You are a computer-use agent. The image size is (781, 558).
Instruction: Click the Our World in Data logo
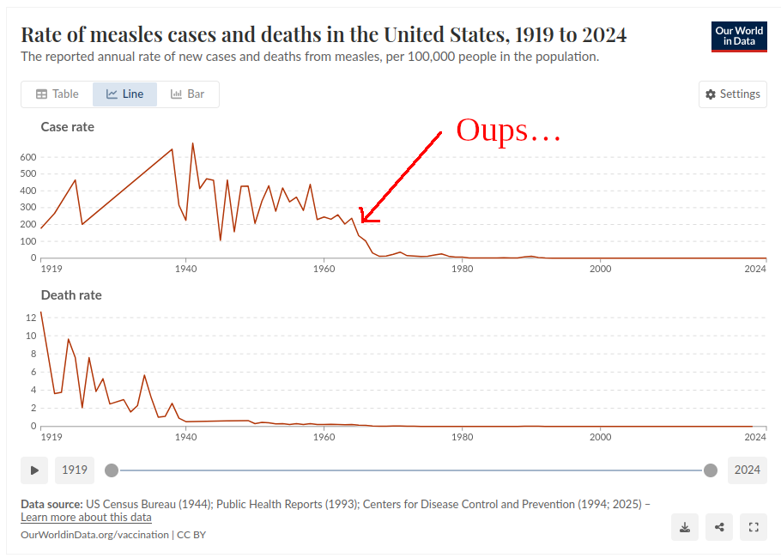pos(739,35)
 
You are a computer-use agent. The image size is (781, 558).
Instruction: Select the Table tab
pos(57,94)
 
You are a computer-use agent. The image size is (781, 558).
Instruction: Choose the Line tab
pos(124,94)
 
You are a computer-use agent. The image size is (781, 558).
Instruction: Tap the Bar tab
pos(188,94)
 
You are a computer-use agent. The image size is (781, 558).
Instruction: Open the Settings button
pos(733,94)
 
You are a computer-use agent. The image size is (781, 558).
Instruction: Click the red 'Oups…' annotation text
pos(508,130)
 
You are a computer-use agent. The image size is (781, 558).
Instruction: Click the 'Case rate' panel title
pos(68,127)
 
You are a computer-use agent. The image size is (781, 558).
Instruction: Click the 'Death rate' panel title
pos(71,295)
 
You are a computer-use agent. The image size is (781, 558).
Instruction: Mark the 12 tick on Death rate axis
pos(31,317)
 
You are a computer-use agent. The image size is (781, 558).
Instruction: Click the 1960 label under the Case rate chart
pos(324,269)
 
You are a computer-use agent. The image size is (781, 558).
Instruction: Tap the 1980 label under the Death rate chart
pos(462,437)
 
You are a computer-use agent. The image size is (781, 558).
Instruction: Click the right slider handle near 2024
pos(711,470)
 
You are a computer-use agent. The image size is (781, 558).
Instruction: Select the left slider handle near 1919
pos(112,470)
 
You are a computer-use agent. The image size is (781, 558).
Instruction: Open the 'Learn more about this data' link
pos(86,518)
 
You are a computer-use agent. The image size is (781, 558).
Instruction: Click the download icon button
pos(685,527)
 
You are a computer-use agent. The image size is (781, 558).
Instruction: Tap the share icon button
pos(719,527)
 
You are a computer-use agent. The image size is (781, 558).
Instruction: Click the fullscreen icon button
pos(754,527)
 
